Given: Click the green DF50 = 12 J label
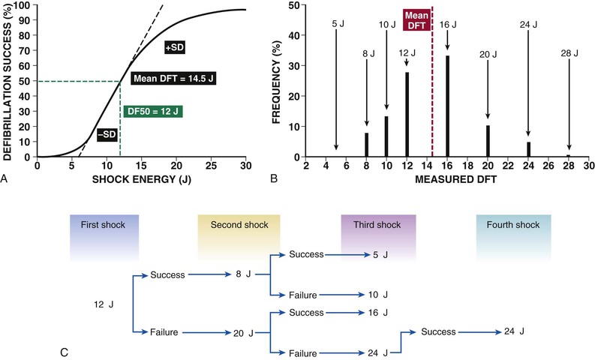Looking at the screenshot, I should (155, 111).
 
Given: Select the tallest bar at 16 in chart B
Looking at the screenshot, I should (447, 106).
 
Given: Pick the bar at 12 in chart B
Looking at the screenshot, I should (406, 114).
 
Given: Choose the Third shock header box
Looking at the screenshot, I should (373, 224).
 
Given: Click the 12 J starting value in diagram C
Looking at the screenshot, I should (103, 304).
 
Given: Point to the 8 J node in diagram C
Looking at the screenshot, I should (240, 274).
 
